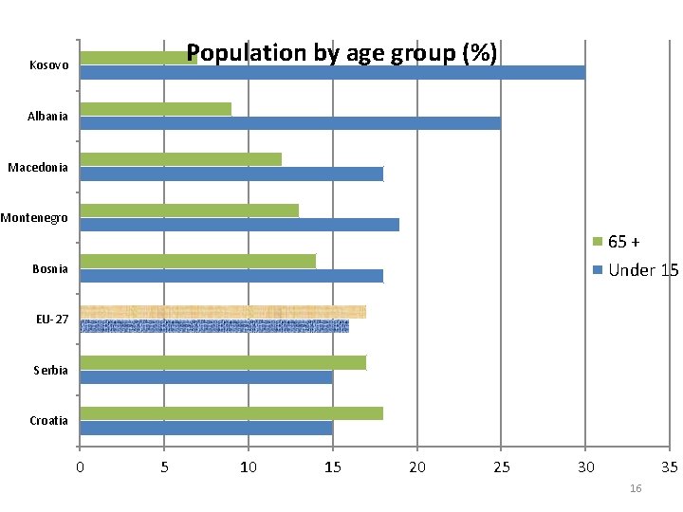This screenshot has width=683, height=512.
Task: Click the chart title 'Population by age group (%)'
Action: (x=341, y=53)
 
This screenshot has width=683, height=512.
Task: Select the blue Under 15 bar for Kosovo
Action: (x=332, y=72)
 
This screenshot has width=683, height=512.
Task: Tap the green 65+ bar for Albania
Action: (x=156, y=109)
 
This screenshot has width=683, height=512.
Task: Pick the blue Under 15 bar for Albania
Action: (x=289, y=123)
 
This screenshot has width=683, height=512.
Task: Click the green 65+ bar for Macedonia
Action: (x=180, y=159)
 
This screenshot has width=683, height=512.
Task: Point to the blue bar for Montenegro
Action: (x=239, y=225)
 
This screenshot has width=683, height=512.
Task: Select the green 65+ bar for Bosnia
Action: (x=197, y=261)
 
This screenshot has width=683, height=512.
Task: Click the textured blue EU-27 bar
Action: (x=214, y=326)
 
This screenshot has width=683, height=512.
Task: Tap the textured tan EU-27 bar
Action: (x=222, y=312)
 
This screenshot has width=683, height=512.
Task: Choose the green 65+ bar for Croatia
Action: (x=231, y=413)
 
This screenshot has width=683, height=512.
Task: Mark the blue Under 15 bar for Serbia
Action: (x=206, y=377)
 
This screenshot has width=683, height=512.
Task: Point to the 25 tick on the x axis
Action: (x=501, y=466)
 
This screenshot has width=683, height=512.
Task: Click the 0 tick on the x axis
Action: (x=80, y=466)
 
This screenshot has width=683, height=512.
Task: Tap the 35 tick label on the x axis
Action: (x=670, y=466)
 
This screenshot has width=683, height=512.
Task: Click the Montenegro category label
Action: (x=34, y=218)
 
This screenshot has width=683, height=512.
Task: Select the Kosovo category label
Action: (x=48, y=65)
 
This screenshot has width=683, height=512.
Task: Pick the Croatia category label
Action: (x=48, y=421)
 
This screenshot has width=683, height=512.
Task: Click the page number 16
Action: (x=636, y=488)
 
